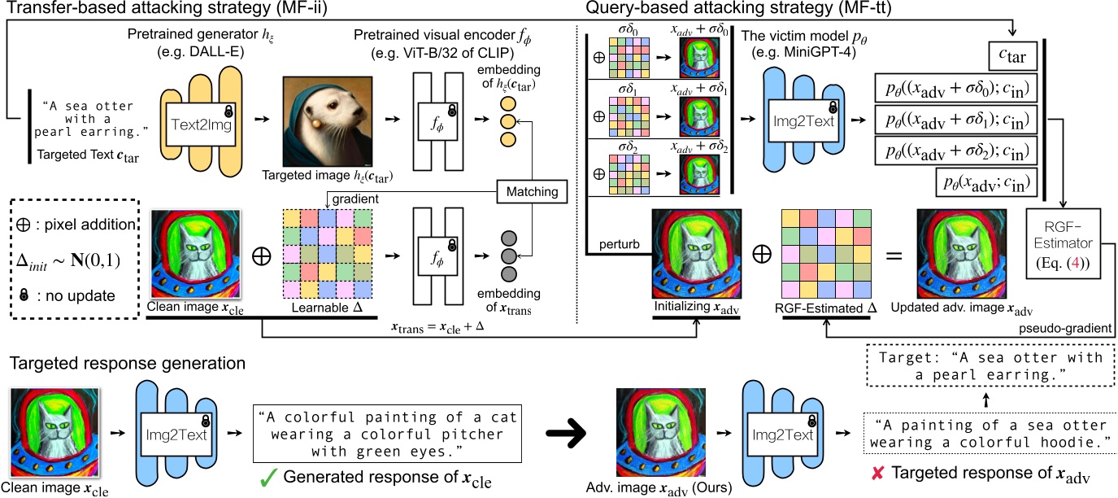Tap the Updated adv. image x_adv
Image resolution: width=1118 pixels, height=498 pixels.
(960, 256)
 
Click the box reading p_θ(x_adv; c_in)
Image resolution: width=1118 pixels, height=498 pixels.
(986, 183)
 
